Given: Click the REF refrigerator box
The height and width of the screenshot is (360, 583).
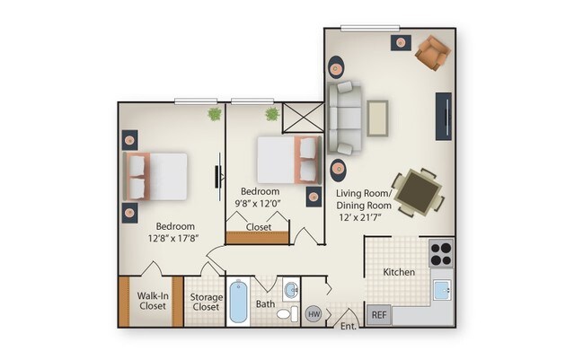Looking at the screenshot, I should [378, 315].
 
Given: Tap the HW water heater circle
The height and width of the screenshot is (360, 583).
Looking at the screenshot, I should [314, 314].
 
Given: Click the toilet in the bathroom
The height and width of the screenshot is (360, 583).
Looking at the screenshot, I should [287, 313].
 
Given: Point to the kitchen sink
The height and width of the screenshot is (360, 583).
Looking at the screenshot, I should [441, 290].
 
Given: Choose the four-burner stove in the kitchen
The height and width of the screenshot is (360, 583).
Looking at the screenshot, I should [441, 252].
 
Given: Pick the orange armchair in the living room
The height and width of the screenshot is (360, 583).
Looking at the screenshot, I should [431, 53].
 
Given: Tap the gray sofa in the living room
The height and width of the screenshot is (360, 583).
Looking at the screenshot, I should [344, 118].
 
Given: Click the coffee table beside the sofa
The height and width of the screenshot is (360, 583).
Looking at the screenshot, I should [377, 118].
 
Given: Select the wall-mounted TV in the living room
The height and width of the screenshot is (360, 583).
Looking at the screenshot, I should [444, 116].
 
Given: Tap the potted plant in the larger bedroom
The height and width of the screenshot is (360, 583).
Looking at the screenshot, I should [215, 114].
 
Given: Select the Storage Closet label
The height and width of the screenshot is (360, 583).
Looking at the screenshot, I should [206, 301].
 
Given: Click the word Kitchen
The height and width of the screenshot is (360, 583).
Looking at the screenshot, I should [398, 271].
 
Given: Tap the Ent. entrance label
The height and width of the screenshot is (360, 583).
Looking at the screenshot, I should [349, 326].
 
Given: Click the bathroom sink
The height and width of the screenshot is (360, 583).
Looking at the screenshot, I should [291, 289].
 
